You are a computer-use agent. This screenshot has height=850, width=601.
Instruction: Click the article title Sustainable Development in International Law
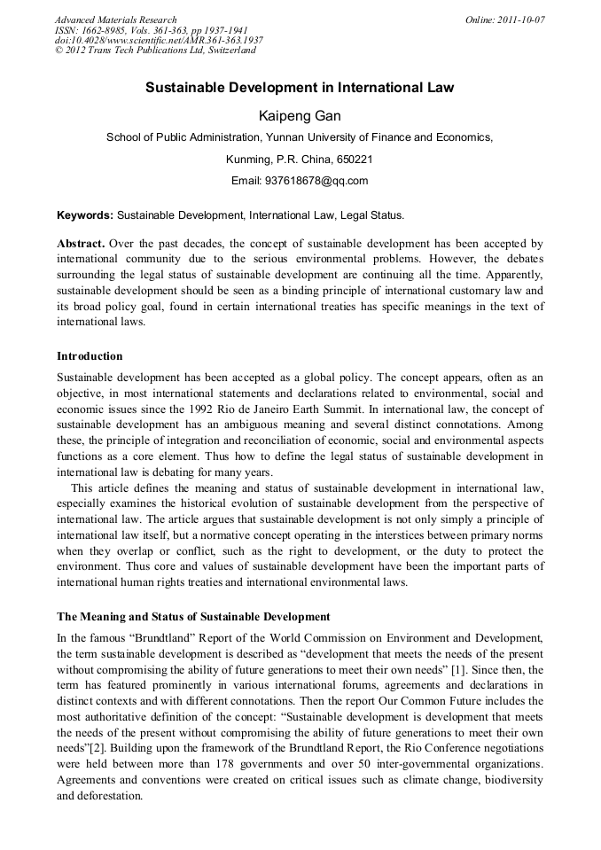pos(300,89)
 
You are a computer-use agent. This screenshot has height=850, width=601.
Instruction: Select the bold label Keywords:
pos(85,215)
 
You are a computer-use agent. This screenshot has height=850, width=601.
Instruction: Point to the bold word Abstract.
pos(82,243)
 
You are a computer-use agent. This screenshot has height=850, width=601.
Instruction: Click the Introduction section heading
pos(90,356)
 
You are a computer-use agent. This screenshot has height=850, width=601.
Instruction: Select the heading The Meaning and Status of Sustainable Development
pos(193,617)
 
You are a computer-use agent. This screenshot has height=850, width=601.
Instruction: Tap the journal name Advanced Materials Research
pos(115,19)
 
